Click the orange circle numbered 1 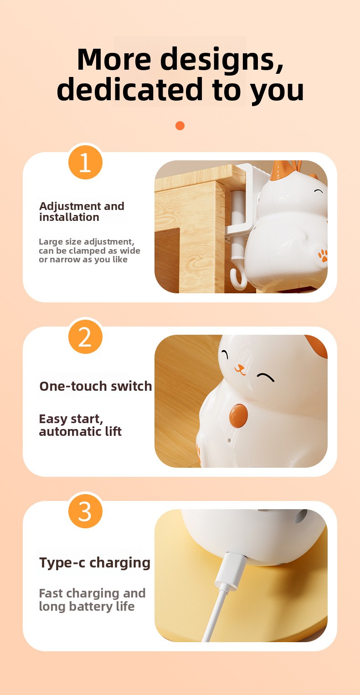[85, 162]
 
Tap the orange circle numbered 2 [85, 337]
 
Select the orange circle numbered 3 [85, 511]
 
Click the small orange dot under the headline [180, 126]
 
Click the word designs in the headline [221, 60]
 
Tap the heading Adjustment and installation [82, 212]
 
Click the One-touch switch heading [96, 386]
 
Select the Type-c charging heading [95, 563]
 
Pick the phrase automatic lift [80, 431]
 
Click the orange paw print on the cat [323, 255]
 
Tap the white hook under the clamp [239, 278]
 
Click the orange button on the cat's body [238, 415]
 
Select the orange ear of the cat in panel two [317, 345]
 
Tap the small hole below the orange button [229, 440]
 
